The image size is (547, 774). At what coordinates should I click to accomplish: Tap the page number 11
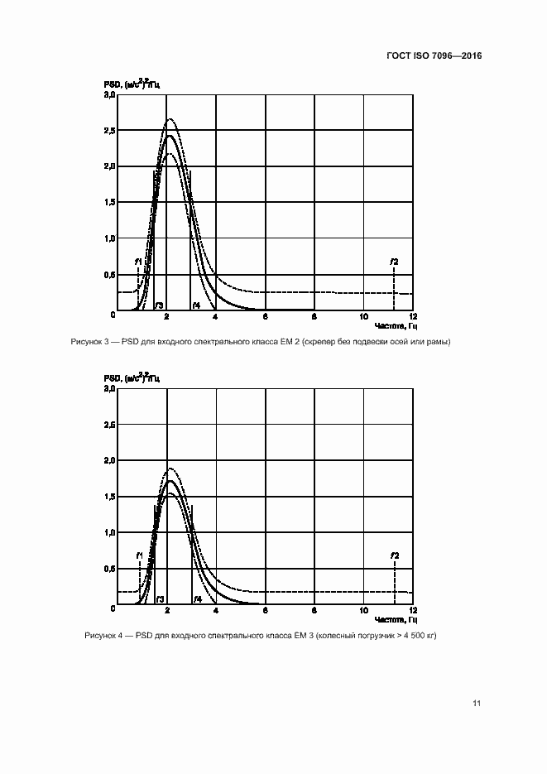(477, 703)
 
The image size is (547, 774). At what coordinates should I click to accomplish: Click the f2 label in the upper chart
(395, 262)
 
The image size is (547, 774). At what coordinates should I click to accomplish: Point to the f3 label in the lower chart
(159, 599)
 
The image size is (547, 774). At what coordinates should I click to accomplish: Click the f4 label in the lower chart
(197, 599)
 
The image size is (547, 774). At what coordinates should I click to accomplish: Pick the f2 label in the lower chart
(395, 555)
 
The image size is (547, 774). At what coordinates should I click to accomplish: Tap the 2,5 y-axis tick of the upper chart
(109, 131)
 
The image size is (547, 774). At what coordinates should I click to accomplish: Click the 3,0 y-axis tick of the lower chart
(109, 389)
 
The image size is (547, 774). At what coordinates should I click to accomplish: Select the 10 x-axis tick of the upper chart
(364, 319)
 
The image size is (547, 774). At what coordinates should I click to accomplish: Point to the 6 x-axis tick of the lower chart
(266, 612)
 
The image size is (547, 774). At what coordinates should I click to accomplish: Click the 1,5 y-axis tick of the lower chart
(109, 497)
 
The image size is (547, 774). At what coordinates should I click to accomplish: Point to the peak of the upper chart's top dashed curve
(170, 119)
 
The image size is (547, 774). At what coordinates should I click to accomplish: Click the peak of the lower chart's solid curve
(170, 481)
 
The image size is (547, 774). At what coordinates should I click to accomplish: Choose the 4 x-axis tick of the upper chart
(215, 319)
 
